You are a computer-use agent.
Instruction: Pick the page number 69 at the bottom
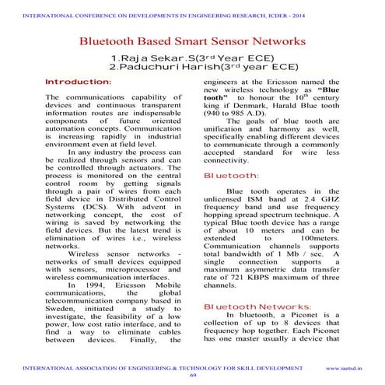coord(193,375)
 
